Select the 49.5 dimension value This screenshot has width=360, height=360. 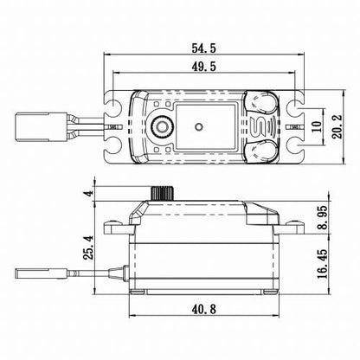point(205,72)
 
